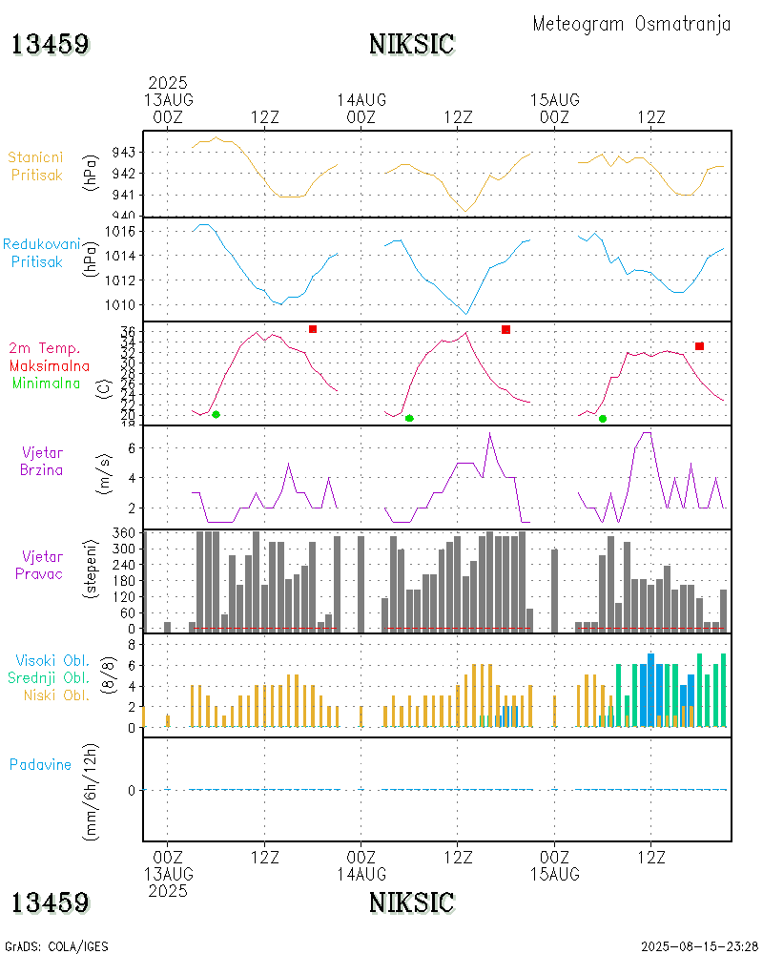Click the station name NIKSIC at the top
tap(411, 44)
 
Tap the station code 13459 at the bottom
tap(51, 902)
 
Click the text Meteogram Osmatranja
tap(631, 24)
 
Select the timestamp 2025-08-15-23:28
tap(699, 946)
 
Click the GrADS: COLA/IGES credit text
tap(56, 946)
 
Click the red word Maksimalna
tap(50, 366)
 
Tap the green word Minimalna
tap(47, 384)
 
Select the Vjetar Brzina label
tap(44, 461)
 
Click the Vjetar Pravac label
tap(44, 565)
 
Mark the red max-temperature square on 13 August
tap(312, 329)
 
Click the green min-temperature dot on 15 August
tap(603, 418)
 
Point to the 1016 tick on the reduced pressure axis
tap(123, 231)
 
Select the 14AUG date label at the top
tap(361, 100)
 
